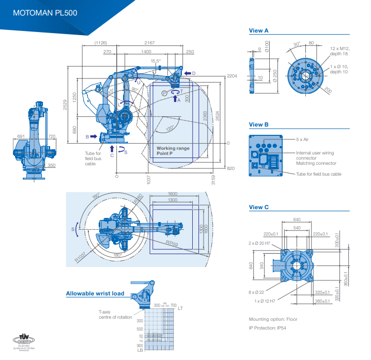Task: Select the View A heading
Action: pyautogui.click(x=259, y=31)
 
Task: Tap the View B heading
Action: pyautogui.click(x=259, y=124)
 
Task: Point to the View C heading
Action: pyautogui.click(x=259, y=207)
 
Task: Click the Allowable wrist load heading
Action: pyautogui.click(x=95, y=294)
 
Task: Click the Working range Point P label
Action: pyautogui.click(x=173, y=150)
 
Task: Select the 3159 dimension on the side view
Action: pyautogui.click(x=214, y=180)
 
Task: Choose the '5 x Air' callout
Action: pyautogui.click(x=304, y=139)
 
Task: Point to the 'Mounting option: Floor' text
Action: pyautogui.click(x=273, y=319)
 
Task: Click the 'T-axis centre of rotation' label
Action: pyautogui.click(x=115, y=315)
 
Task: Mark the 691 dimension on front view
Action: pyautogui.click(x=21, y=136)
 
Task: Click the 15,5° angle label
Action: pyautogui.click(x=156, y=61)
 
